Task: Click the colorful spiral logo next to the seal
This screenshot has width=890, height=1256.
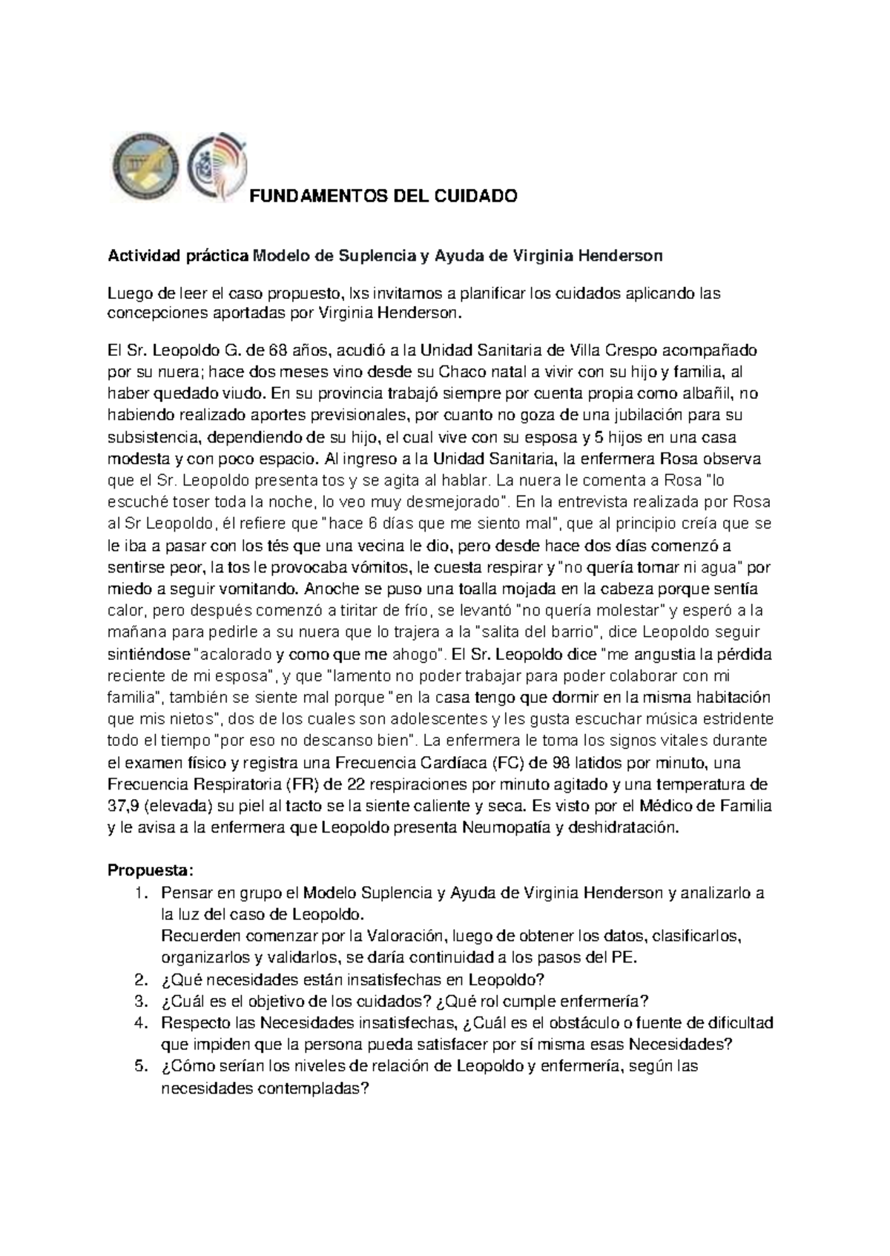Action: (217, 168)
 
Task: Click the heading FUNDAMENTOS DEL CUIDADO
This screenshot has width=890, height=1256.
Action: (382, 196)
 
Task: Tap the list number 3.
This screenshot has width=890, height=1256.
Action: (141, 1001)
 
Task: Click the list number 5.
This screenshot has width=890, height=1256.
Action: (141, 1067)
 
